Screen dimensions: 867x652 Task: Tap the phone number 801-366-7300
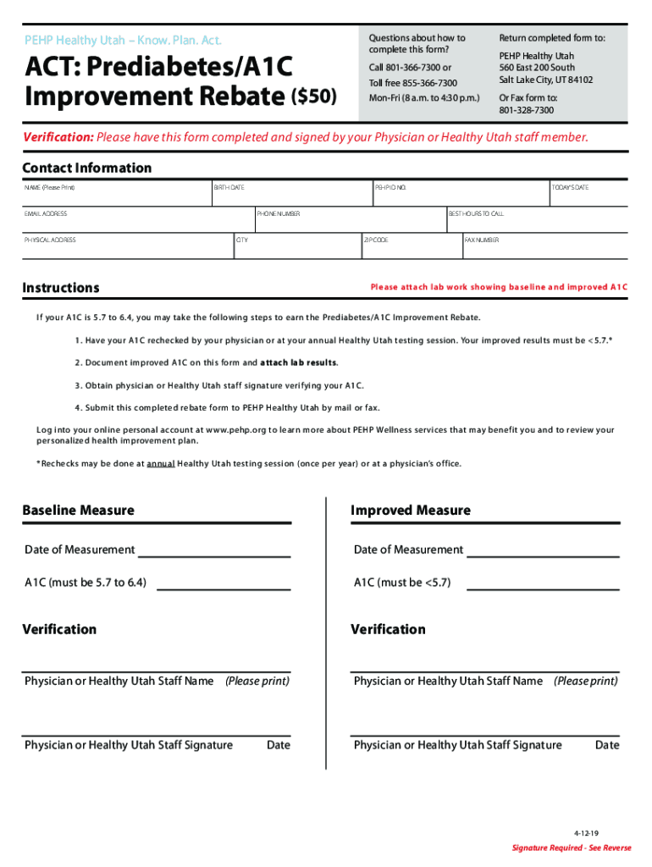(x=420, y=68)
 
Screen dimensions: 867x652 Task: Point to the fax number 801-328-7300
(x=526, y=110)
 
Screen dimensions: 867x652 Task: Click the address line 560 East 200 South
(x=537, y=68)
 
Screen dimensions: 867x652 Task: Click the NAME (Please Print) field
(x=117, y=193)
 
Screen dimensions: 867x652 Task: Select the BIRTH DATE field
(x=291, y=193)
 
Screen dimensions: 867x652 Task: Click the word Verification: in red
(x=58, y=137)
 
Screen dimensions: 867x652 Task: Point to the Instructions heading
(x=60, y=288)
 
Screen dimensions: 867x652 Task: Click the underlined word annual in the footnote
(x=161, y=464)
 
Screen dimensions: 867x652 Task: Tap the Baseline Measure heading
(x=78, y=511)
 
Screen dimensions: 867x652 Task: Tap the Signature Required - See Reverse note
(x=572, y=848)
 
